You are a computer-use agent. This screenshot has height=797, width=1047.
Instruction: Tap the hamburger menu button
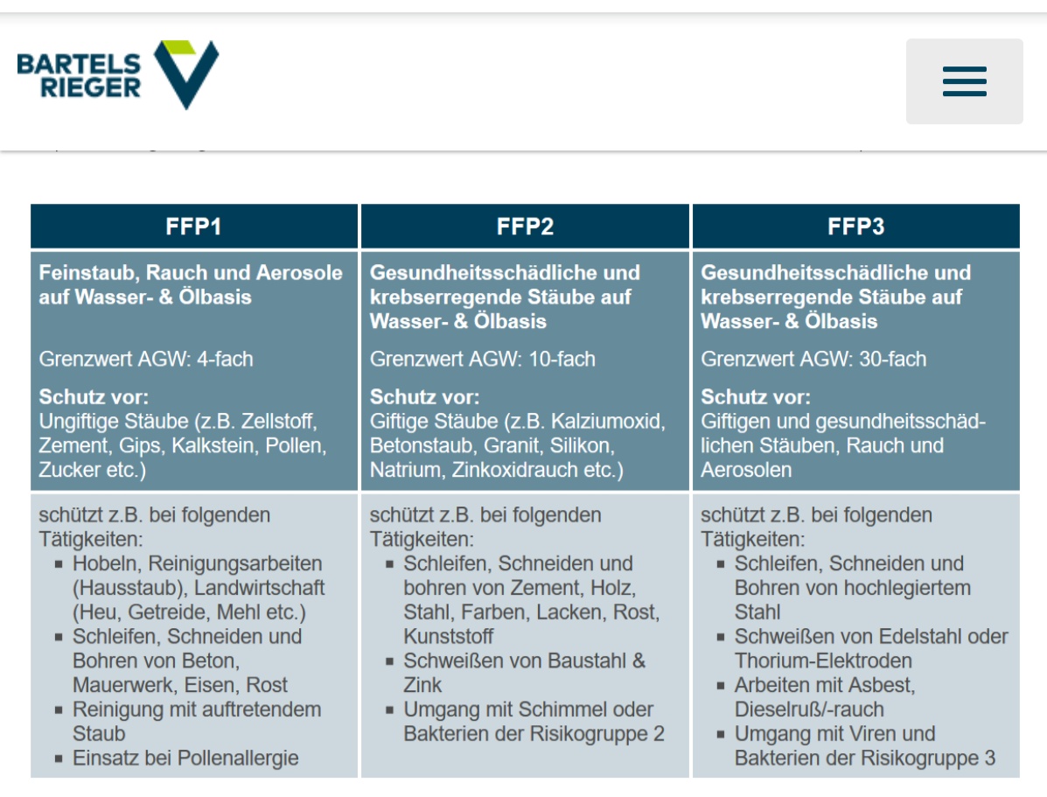pos(964,81)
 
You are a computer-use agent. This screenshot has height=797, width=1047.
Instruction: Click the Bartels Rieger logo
pos(117,75)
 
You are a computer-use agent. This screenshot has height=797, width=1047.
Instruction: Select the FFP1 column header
pos(194,227)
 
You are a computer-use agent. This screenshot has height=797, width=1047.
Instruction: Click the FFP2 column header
pos(525,227)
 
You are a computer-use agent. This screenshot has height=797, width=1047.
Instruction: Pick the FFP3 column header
pos(856,227)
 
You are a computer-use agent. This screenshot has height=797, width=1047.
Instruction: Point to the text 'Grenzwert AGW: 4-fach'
pos(146,359)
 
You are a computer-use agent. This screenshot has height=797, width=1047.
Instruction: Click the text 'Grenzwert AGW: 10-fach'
pos(482,359)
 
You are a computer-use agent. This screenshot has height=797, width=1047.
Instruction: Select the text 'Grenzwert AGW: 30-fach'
pos(813,359)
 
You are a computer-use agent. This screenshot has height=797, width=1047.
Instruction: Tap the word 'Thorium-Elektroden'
pos(823,661)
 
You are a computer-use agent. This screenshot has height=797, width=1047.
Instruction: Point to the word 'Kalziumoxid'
pos(608,421)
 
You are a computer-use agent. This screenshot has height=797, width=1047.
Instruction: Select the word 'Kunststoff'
pos(449,636)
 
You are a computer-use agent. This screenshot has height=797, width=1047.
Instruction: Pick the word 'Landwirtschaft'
pos(259,588)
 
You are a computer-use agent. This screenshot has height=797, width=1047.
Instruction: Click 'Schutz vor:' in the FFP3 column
pos(755,396)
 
